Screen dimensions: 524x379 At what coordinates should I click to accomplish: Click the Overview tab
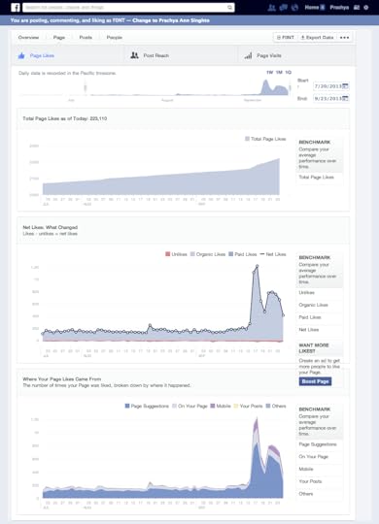[28, 37]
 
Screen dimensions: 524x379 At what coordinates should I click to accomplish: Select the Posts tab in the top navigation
[86, 37]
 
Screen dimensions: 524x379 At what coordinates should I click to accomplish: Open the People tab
[114, 37]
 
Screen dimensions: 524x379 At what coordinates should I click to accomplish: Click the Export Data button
[317, 37]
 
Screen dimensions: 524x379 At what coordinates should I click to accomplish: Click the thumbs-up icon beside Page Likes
[22, 55]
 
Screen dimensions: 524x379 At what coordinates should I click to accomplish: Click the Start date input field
[331, 86]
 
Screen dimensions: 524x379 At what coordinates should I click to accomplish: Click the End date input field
[331, 98]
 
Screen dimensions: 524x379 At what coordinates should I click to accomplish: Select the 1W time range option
[269, 72]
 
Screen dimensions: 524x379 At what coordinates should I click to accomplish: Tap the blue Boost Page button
[315, 381]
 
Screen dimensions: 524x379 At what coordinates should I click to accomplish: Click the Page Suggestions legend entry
[149, 406]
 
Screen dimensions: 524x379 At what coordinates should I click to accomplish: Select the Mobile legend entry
[221, 406]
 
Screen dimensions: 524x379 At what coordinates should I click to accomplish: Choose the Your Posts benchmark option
[312, 481]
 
